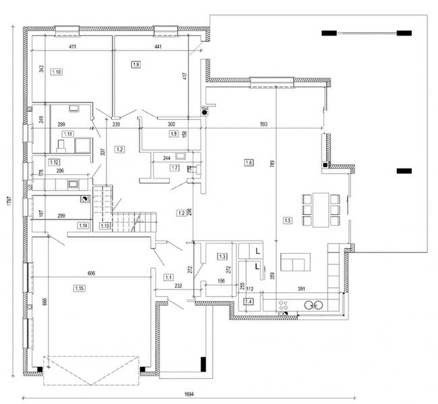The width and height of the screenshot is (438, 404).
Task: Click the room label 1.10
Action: point(57,71)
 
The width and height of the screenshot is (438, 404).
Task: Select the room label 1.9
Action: point(136,65)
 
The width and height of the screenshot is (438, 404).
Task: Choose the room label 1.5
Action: point(287,220)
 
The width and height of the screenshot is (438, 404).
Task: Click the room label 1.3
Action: point(222,256)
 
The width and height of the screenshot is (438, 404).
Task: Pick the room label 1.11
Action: point(67,134)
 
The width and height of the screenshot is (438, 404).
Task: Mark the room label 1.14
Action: point(84,225)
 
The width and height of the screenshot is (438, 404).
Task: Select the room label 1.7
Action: point(175,168)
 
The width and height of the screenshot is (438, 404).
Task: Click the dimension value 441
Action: point(158,47)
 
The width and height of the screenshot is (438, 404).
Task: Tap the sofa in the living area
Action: point(294,262)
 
